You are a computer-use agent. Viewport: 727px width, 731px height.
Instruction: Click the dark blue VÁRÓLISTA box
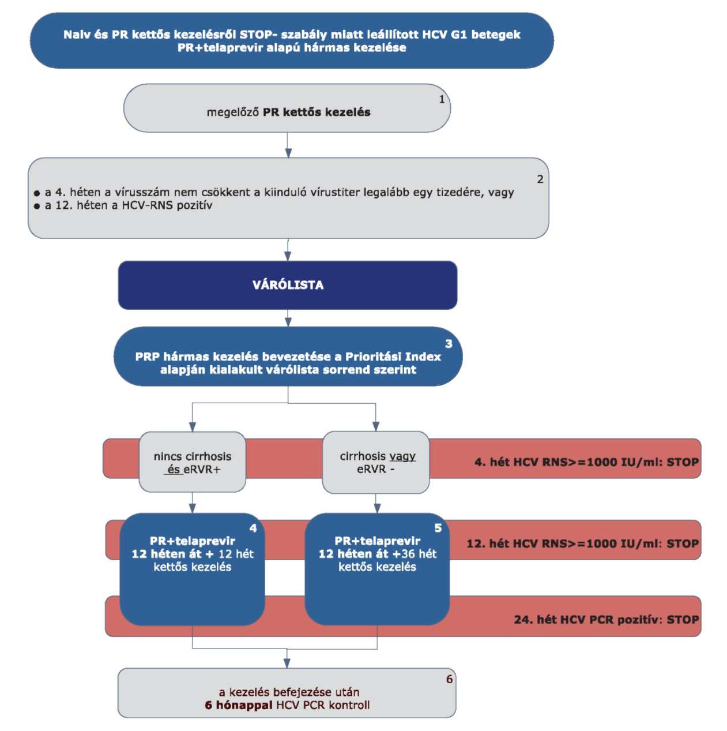(288, 285)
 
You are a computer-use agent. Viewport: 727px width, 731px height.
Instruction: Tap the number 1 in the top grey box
(442, 99)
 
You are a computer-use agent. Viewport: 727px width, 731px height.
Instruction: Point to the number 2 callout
(540, 179)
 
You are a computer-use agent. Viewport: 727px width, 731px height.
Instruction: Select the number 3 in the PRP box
(449, 344)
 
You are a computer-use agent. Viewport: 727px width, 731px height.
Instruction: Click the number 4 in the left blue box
(253, 528)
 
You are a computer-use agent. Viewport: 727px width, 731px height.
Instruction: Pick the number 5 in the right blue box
(438, 528)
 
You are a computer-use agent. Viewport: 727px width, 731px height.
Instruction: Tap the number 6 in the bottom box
(449, 679)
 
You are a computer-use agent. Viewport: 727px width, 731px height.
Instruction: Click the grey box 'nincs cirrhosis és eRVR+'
(193, 462)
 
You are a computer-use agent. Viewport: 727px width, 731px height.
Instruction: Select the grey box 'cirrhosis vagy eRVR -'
(376, 462)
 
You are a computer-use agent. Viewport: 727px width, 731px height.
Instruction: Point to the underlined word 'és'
(174, 470)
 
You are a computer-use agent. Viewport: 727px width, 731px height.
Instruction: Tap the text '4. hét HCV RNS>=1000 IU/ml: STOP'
(586, 462)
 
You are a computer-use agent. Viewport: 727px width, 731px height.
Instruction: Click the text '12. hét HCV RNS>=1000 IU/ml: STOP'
(582, 543)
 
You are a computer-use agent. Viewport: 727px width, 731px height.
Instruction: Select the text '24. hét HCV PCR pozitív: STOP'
(606, 620)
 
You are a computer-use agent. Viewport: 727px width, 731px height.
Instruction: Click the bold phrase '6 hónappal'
(239, 705)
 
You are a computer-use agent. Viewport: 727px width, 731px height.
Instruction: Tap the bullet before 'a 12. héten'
(37, 207)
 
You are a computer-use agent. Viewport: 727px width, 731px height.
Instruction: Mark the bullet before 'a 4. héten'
(37, 193)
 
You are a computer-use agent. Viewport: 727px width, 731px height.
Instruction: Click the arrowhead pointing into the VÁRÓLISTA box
(288, 256)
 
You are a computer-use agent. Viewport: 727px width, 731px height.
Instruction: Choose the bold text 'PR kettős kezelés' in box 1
(317, 113)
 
